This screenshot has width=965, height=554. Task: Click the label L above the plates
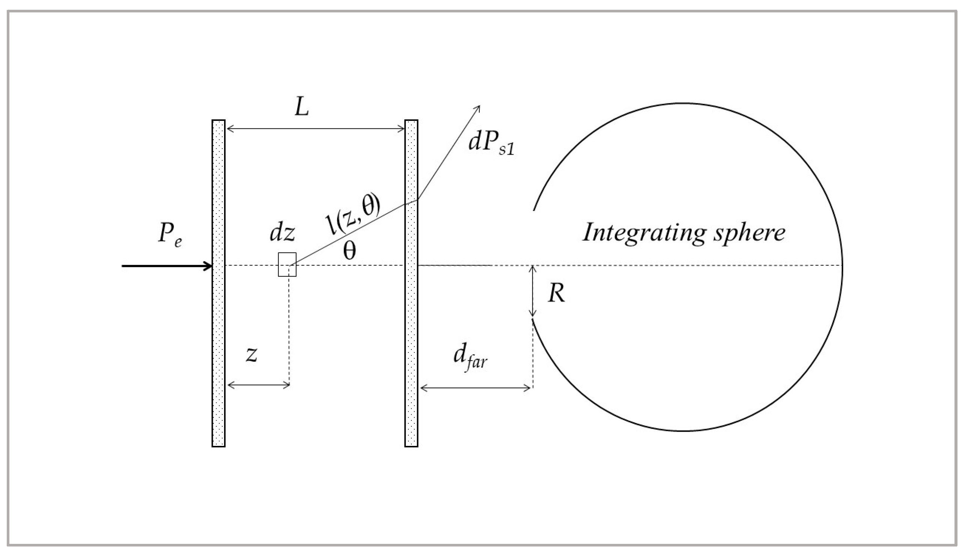point(302,108)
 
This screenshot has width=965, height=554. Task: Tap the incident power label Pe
point(170,234)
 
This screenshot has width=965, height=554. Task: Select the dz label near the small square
point(282,233)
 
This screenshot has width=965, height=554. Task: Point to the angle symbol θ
point(349,251)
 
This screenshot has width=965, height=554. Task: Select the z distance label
point(251,354)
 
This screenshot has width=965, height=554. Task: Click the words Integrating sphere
point(684,232)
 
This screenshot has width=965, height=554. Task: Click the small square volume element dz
point(287,265)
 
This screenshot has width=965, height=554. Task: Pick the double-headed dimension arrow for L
point(315,129)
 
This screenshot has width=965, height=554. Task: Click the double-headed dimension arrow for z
point(259,385)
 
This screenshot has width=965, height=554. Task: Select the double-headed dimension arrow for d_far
point(475,388)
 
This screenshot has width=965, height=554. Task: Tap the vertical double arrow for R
point(533,291)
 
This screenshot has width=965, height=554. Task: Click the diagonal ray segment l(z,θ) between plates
point(354,232)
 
